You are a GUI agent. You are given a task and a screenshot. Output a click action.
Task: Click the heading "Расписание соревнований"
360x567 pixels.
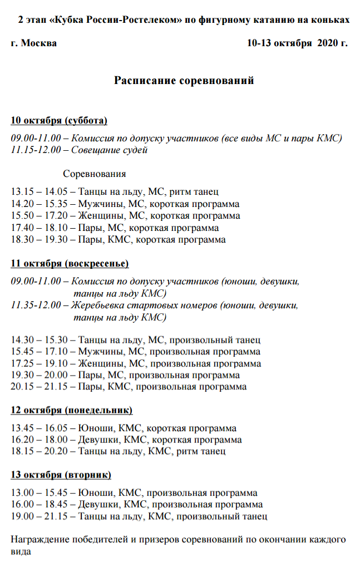[184, 81]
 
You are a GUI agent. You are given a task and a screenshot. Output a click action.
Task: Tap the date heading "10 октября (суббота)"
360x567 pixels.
[59, 121]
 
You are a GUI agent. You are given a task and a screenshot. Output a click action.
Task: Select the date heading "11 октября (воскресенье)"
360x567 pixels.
[70, 263]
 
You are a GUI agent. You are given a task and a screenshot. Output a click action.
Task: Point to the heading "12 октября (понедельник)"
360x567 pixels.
[72, 411]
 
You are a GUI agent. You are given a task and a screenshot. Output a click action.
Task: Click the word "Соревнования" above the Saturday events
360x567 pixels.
[95, 174]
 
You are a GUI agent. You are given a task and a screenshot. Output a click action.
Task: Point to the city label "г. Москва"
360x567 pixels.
[33, 43]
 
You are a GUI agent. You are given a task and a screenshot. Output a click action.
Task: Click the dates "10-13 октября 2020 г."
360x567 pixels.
[297, 43]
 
